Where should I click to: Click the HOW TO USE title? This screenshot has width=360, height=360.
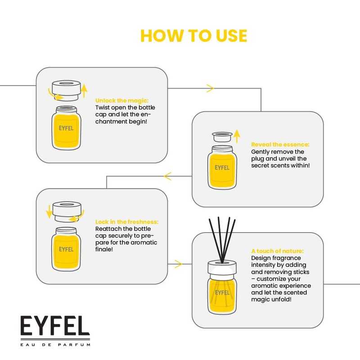(193, 36)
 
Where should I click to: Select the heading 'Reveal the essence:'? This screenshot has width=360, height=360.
(280, 144)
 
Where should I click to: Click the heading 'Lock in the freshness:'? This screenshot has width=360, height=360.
(127, 222)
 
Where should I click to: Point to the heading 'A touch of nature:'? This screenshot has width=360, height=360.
(277, 251)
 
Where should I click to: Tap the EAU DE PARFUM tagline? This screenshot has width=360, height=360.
(55, 345)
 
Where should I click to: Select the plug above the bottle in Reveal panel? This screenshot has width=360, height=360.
(222, 136)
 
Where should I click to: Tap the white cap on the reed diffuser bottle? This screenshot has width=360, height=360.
(222, 269)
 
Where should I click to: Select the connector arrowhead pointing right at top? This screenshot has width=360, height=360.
(210, 89)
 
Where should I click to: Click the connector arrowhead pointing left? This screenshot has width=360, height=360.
(168, 176)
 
